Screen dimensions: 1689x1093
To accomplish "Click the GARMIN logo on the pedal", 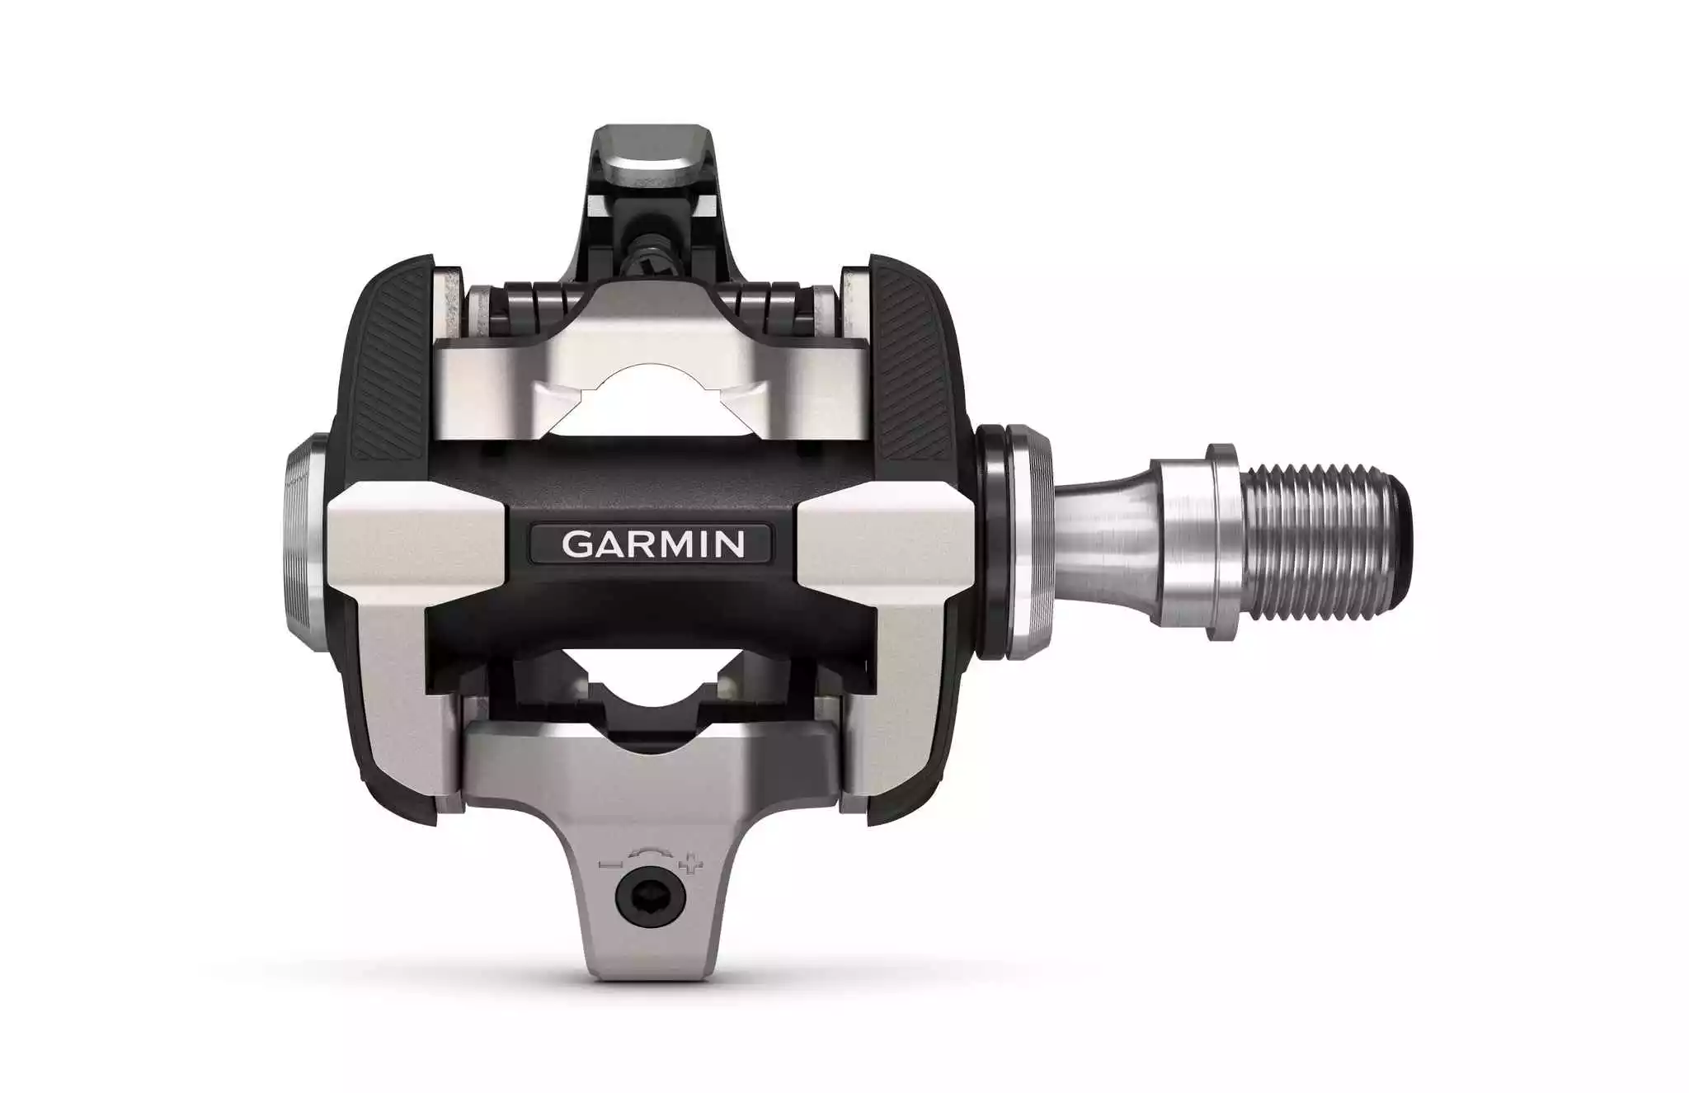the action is coord(652,544).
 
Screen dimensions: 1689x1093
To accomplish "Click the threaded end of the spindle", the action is coord(1323,544).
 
